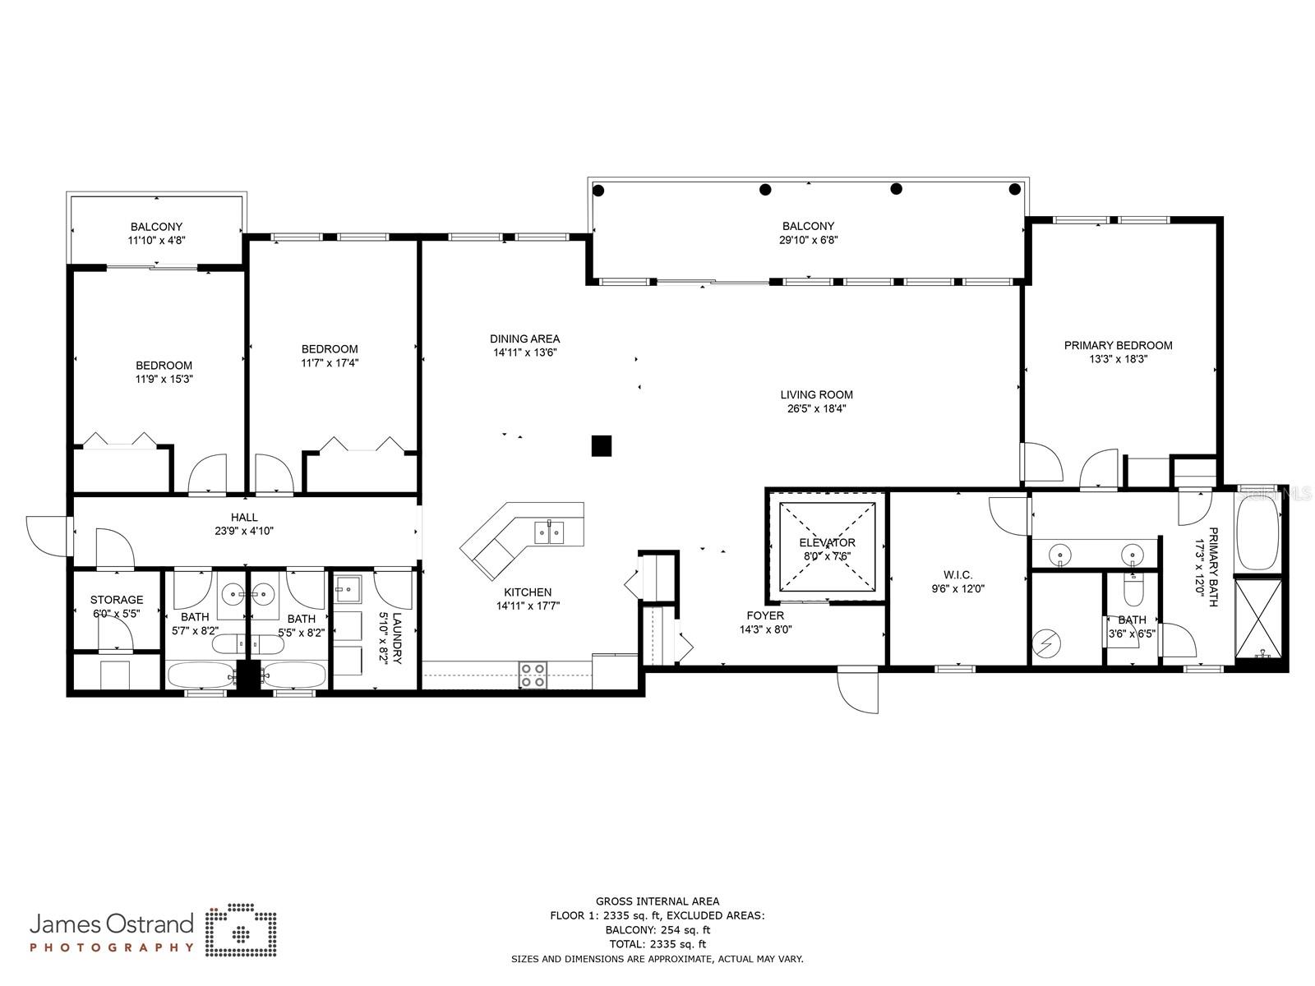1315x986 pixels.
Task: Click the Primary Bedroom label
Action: point(1118,345)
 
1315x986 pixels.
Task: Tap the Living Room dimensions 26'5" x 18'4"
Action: point(816,408)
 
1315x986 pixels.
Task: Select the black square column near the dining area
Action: point(602,445)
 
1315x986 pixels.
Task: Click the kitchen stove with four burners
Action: point(533,675)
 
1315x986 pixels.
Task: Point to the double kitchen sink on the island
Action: point(550,532)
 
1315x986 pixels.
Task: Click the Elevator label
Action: point(827,542)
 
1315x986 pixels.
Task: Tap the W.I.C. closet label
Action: point(958,575)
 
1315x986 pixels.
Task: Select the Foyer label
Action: point(764,615)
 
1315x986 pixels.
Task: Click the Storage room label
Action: point(117,600)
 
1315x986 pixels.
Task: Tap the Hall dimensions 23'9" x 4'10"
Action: point(244,531)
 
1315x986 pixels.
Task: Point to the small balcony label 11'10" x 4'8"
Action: point(156,241)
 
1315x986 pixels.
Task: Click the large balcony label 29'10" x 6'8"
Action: point(808,240)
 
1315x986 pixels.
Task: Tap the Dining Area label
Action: point(524,339)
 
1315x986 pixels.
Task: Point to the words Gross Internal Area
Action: point(657,901)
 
